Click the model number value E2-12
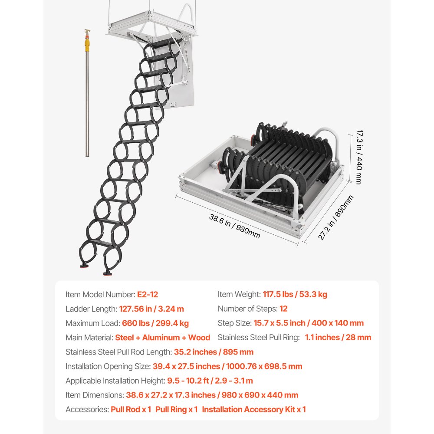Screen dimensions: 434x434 148,295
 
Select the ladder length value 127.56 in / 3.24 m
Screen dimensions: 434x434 151,309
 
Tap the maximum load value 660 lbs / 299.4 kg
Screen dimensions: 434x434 151,323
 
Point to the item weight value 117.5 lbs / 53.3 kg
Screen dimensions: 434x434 295,295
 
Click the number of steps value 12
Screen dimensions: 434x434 283,309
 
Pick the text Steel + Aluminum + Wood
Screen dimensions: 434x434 163,338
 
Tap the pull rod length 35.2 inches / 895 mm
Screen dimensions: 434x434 214,352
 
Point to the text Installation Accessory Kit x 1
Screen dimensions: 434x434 254,409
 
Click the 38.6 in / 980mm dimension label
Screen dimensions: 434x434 235,226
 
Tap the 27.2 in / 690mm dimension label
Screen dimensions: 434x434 335,217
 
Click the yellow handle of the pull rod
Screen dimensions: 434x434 87,42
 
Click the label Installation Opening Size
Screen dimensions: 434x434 108,366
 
